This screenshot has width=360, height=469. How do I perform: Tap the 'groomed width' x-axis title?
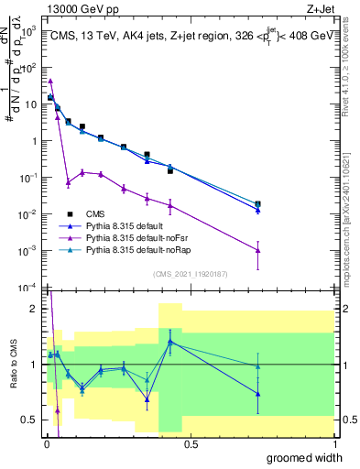click(x=311, y=457)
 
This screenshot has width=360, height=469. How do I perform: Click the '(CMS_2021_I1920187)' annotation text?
click(x=190, y=273)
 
